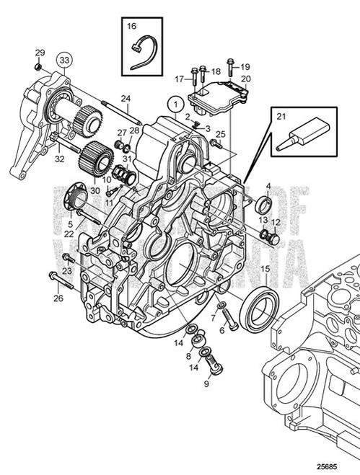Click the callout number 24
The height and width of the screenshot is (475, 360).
tap(125, 98)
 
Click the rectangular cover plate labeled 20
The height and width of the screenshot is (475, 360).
tap(217, 97)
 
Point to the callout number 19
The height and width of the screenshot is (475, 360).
tap(245, 66)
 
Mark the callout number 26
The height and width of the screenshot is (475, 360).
tap(58, 298)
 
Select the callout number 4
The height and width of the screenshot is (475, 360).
tap(268, 186)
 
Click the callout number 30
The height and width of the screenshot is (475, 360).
tap(95, 190)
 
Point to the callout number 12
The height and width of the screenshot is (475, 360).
tap(275, 222)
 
